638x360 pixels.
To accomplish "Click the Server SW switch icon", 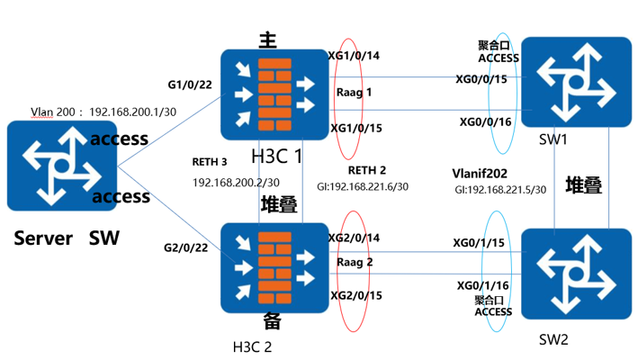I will click(60, 168).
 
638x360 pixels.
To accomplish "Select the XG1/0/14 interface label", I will click(355, 56).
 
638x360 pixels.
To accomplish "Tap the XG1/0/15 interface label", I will click(356, 129).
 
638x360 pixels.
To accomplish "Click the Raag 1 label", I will click(353, 92).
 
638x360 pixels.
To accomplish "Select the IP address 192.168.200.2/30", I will click(237, 181).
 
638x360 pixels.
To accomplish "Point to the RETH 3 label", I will click(210, 162).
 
